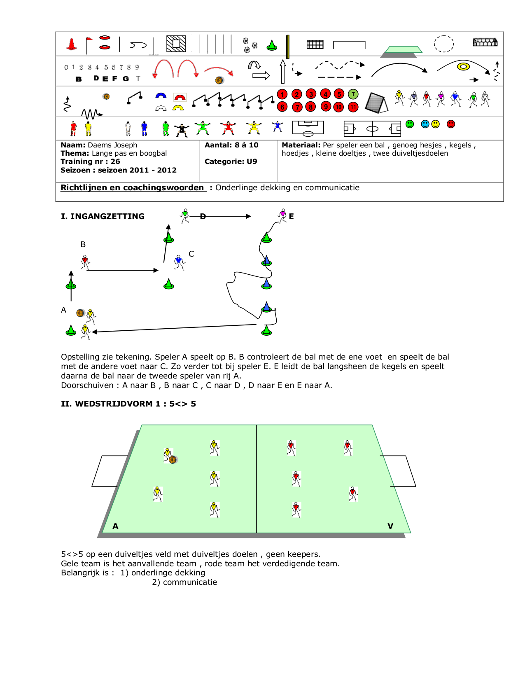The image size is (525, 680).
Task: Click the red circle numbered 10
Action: tap(338, 107)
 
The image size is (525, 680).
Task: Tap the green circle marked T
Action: tap(353, 94)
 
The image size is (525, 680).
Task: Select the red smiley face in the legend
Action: tap(451, 124)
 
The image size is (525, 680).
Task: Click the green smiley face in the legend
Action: tap(410, 124)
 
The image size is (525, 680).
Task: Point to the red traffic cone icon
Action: tap(72, 44)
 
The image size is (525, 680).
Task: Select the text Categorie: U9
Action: tap(231, 161)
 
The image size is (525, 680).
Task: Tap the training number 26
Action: tap(115, 161)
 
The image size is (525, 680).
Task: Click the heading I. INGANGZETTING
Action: tap(103, 216)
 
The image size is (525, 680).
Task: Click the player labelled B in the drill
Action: tap(85, 262)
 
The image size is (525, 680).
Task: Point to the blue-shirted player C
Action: tap(179, 262)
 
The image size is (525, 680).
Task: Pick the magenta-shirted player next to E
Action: tap(282, 216)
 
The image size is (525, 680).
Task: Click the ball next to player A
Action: tap(80, 313)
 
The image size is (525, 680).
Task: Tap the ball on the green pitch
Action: tap(173, 460)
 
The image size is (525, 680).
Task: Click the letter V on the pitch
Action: tap(390, 526)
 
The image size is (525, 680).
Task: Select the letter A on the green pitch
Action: tap(115, 526)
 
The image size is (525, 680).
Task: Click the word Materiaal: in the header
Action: tap(301, 145)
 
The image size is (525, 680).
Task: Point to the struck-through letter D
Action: tap(203, 216)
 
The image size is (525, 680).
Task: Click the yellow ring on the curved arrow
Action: tap(463, 66)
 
